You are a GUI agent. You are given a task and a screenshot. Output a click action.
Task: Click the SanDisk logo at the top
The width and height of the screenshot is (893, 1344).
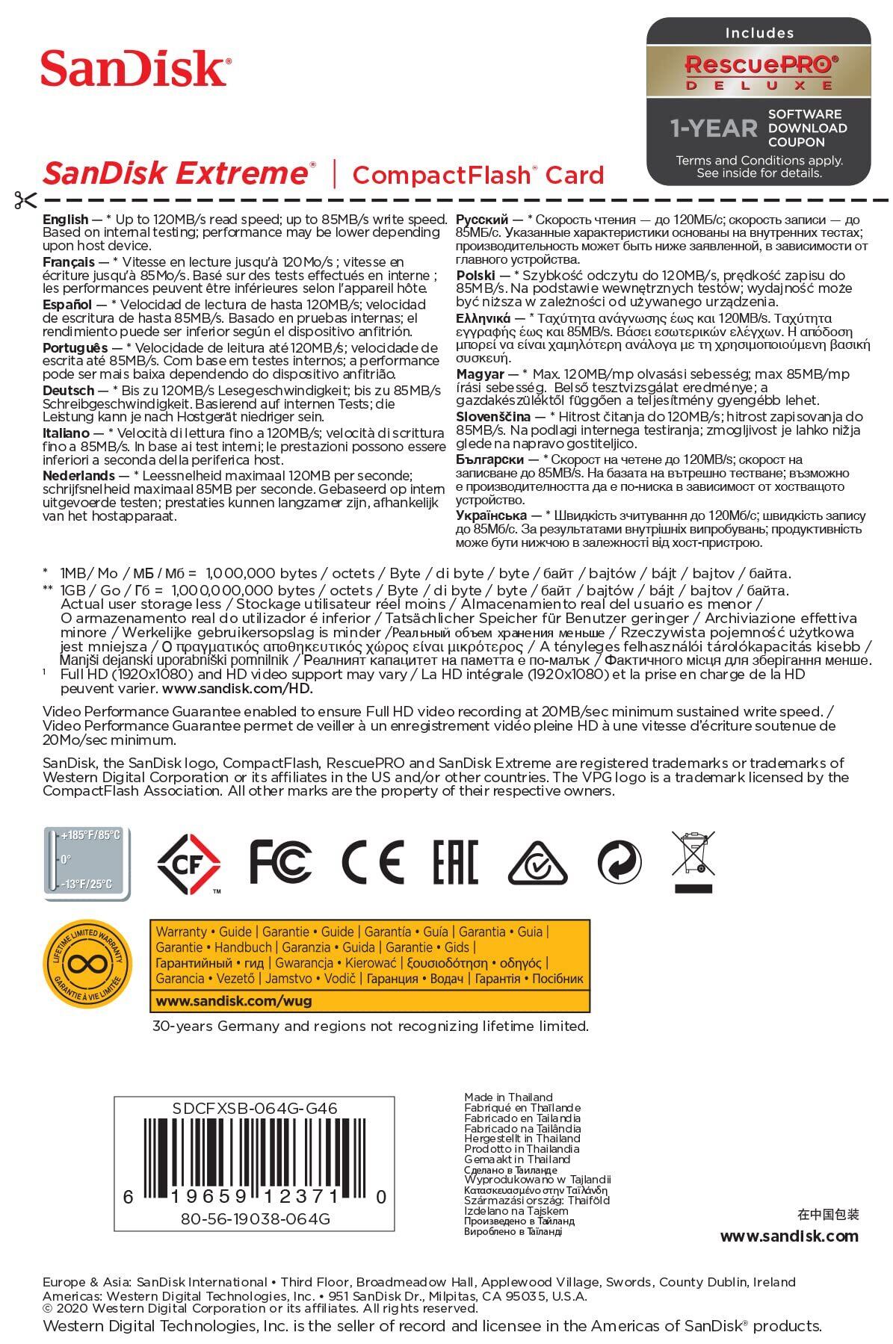click(x=135, y=69)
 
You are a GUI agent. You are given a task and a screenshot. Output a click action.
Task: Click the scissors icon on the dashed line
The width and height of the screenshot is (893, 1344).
click(x=24, y=200)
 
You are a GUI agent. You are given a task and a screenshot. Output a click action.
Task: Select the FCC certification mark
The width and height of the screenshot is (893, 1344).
click(x=280, y=861)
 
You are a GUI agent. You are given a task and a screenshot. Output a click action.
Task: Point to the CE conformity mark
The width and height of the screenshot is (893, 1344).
click(x=372, y=861)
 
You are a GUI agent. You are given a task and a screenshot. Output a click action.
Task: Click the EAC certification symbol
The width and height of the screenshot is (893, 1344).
click(x=454, y=861)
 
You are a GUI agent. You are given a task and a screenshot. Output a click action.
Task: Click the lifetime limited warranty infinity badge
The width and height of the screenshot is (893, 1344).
click(x=87, y=964)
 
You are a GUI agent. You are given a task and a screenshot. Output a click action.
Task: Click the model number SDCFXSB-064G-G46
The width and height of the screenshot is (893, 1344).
click(x=255, y=1109)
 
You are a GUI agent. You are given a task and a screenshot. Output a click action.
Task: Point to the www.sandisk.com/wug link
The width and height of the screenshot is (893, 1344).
click(x=234, y=1000)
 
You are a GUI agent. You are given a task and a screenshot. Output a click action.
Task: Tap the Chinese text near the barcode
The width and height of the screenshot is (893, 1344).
click(x=828, y=1214)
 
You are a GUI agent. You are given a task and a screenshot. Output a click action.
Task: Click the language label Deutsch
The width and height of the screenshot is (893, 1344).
click(x=69, y=391)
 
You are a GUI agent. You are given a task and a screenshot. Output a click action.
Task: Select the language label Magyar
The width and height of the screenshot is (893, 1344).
click(x=480, y=374)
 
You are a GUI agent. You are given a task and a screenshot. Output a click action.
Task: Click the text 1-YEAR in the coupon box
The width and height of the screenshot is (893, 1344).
click(x=714, y=128)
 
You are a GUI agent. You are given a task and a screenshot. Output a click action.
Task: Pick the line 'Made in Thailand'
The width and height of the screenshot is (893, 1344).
click(x=508, y=1097)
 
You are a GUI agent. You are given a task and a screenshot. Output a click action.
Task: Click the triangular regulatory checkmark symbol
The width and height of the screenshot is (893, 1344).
click(x=537, y=863)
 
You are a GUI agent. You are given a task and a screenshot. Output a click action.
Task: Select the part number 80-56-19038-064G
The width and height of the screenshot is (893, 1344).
click(x=255, y=1218)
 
